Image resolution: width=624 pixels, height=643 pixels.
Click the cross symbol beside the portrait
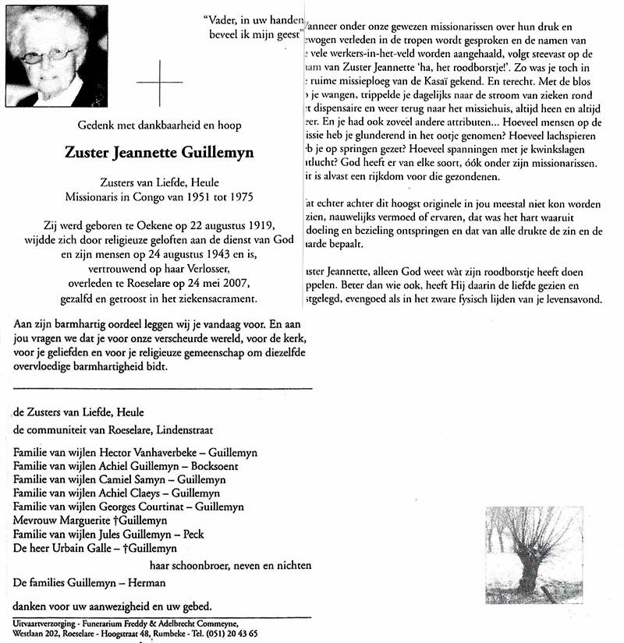(x=159, y=82)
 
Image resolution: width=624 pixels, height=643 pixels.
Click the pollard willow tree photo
(x=534, y=554)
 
